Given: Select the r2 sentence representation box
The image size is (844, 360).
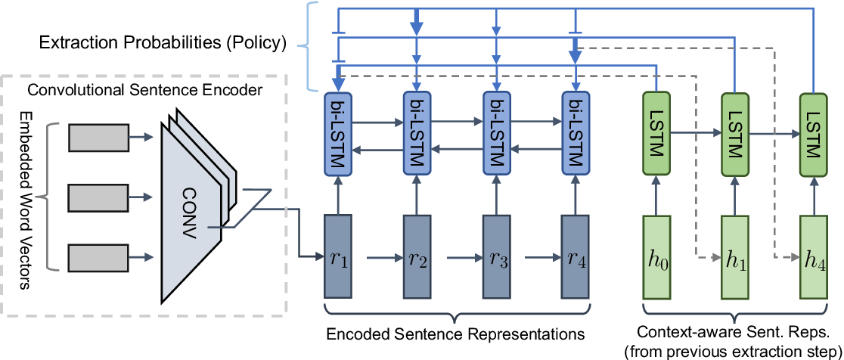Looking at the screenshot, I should (x=417, y=258).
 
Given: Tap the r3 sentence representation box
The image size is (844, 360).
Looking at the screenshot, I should (x=496, y=258).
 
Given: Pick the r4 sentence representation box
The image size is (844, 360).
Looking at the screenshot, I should (x=576, y=258).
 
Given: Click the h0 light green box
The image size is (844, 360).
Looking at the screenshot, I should (x=655, y=258).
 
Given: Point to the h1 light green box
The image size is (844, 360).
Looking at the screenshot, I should (x=734, y=258).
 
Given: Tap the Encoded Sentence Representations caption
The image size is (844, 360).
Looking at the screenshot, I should (x=457, y=332).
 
